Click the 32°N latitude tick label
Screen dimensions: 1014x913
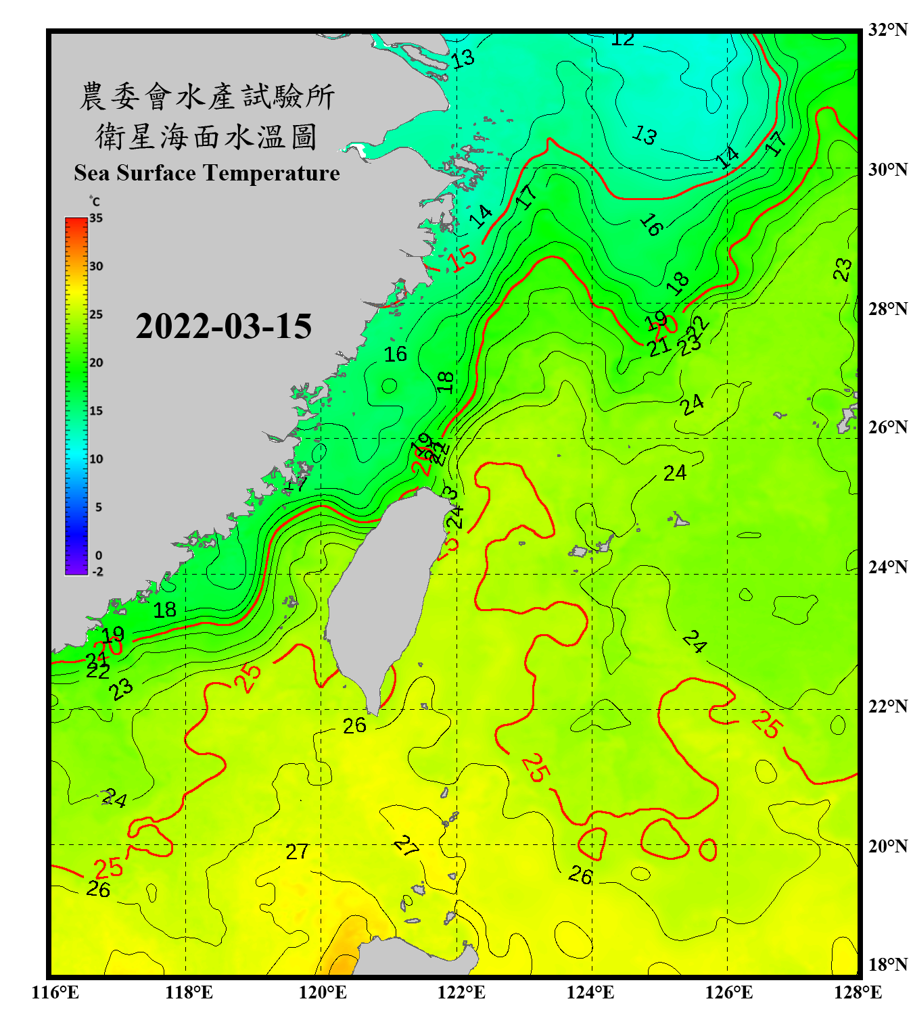[x=887, y=30]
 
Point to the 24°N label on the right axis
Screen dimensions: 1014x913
[x=887, y=566]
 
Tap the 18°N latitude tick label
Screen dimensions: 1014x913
[x=887, y=965]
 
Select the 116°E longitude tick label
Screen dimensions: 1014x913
[x=55, y=992]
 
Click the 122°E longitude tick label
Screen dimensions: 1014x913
[x=461, y=992]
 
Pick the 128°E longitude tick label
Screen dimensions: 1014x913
[x=858, y=992]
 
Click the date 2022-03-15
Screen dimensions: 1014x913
[x=223, y=327]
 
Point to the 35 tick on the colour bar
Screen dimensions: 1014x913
[x=96, y=218]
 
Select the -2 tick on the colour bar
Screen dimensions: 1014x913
[x=97, y=572]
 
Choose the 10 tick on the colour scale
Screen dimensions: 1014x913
[x=96, y=459]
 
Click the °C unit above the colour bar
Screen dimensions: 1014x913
[x=95, y=201]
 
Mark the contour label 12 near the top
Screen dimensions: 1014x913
[x=622, y=40]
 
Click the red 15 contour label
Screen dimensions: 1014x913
[x=464, y=257]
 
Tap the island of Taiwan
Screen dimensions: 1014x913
[x=382, y=595]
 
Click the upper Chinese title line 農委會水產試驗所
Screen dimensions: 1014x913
[x=207, y=97]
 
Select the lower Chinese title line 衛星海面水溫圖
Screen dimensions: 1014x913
[x=206, y=137]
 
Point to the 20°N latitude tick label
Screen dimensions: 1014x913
[x=887, y=846]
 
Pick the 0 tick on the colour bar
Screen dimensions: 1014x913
[x=99, y=556]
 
